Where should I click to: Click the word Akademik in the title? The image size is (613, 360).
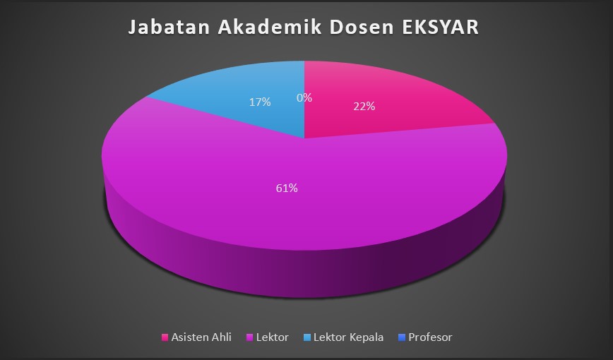click(x=270, y=28)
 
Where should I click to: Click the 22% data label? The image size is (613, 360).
click(x=364, y=107)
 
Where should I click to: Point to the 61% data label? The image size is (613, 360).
click(x=287, y=188)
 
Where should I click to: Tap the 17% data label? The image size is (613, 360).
click(x=260, y=102)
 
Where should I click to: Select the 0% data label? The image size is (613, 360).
click(x=304, y=97)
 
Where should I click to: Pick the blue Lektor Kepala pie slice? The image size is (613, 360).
click(x=250, y=97)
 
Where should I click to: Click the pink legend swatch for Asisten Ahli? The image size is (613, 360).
click(x=165, y=337)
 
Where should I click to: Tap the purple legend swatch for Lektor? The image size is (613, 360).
click(x=250, y=337)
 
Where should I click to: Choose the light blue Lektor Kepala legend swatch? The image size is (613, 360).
click(x=307, y=337)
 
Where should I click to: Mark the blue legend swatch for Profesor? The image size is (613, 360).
click(x=402, y=337)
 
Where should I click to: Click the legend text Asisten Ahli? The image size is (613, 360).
click(x=201, y=337)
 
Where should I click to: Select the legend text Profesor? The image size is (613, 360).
click(x=430, y=337)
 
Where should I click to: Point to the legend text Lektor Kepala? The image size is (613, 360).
click(x=349, y=337)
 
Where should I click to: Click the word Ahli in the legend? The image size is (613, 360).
click(x=221, y=337)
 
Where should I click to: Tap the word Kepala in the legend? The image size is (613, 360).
click(x=367, y=337)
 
